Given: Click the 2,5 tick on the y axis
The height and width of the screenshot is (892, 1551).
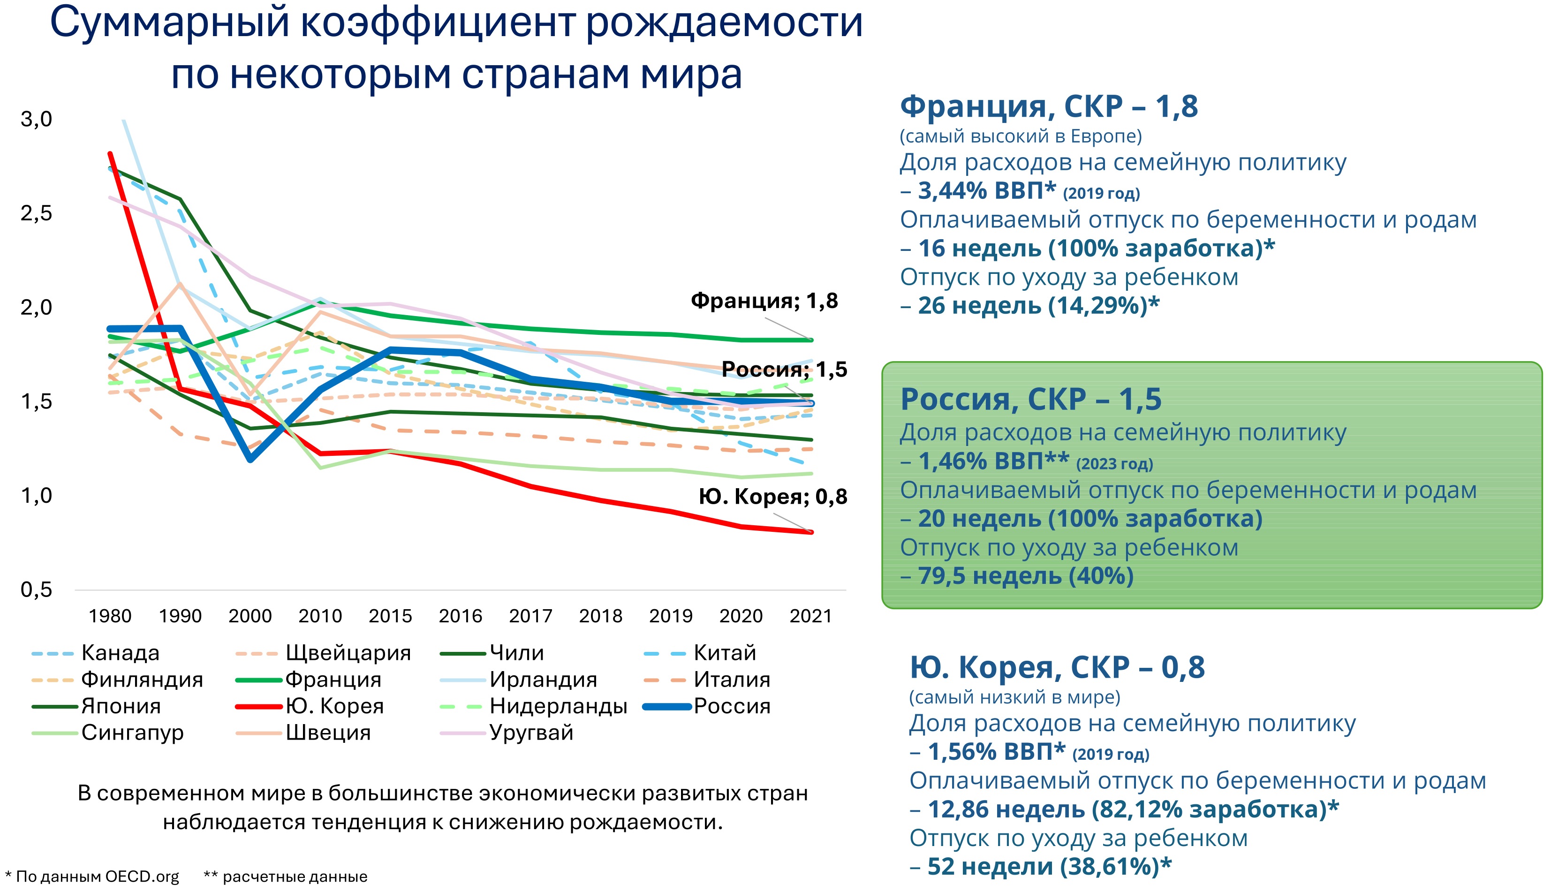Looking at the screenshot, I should [x=36, y=213].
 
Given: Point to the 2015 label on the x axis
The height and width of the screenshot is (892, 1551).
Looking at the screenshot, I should [x=390, y=615].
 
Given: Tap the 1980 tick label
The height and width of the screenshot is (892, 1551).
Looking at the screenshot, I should [x=110, y=615].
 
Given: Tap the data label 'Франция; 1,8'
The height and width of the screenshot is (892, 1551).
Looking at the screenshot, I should [x=764, y=301].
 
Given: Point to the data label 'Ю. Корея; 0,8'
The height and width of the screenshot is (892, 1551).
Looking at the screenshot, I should [x=773, y=496].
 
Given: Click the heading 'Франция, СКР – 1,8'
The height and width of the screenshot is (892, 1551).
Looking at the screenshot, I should [x=1048, y=106].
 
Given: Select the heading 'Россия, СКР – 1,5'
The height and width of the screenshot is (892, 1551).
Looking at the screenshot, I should [x=1030, y=400].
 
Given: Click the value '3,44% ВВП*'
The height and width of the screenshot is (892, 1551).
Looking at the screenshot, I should [x=987, y=191].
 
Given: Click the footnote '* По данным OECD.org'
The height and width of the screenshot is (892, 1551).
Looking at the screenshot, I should [x=92, y=877].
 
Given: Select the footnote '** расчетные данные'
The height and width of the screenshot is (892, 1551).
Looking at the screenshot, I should [x=286, y=877].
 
